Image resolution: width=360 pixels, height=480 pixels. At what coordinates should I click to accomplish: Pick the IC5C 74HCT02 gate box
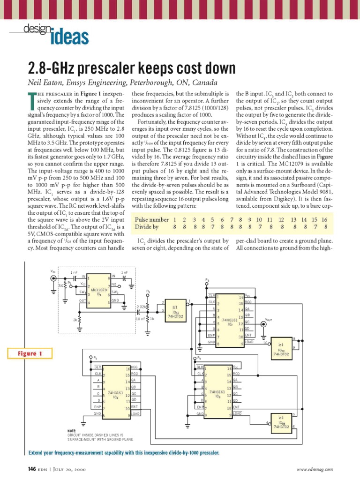pyautogui.click(x=281, y=348)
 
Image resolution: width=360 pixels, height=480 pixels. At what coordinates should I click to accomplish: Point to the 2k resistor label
pyautogui.click(x=75, y=320)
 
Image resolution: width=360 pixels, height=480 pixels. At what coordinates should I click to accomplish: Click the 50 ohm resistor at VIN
pyautogui.click(x=61, y=285)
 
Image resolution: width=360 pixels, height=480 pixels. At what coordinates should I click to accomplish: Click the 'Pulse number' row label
pyautogui.click(x=151, y=219)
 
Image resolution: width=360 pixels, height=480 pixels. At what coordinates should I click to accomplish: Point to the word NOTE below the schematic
pyautogui.click(x=72, y=431)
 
